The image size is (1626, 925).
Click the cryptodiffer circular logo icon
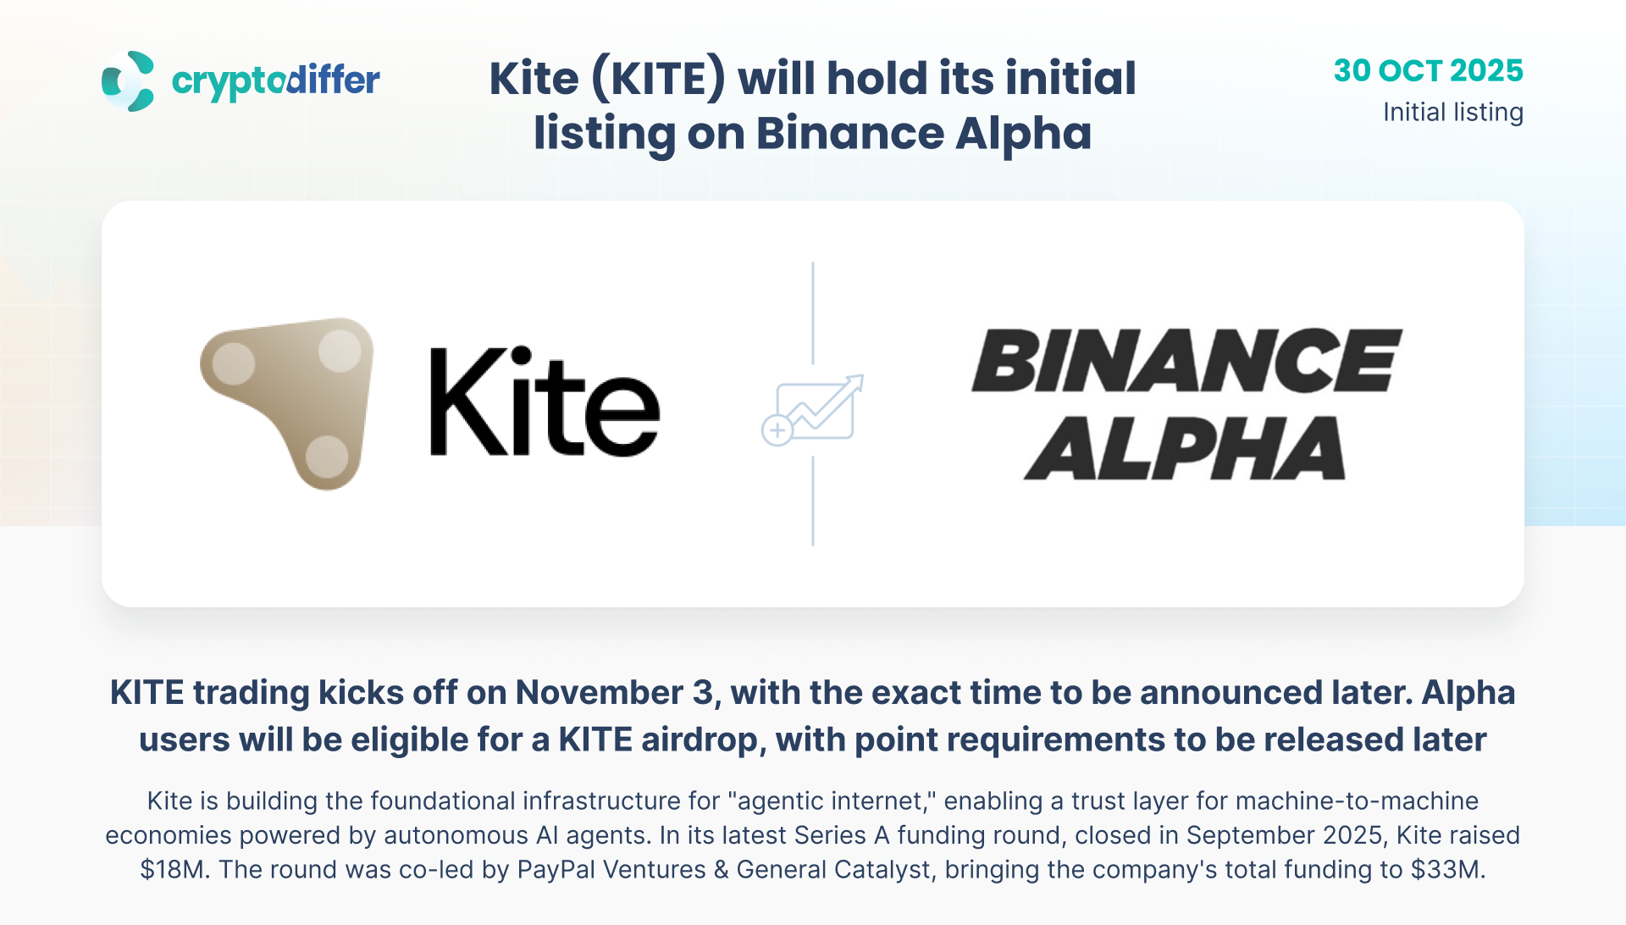point(128,81)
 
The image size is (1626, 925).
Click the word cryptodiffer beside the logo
point(276,81)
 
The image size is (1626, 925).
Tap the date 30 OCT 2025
point(1428,70)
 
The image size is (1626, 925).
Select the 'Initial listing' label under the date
point(1453,113)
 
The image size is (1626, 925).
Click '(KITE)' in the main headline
point(658,79)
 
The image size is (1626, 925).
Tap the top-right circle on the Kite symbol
point(340,351)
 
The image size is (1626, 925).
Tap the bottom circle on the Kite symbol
point(326,457)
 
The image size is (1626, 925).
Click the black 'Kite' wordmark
point(545,402)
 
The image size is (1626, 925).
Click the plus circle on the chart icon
point(777,430)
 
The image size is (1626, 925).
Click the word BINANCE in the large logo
point(1186,361)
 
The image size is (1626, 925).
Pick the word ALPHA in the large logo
point(1184,448)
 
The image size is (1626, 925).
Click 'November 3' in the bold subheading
point(615,693)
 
